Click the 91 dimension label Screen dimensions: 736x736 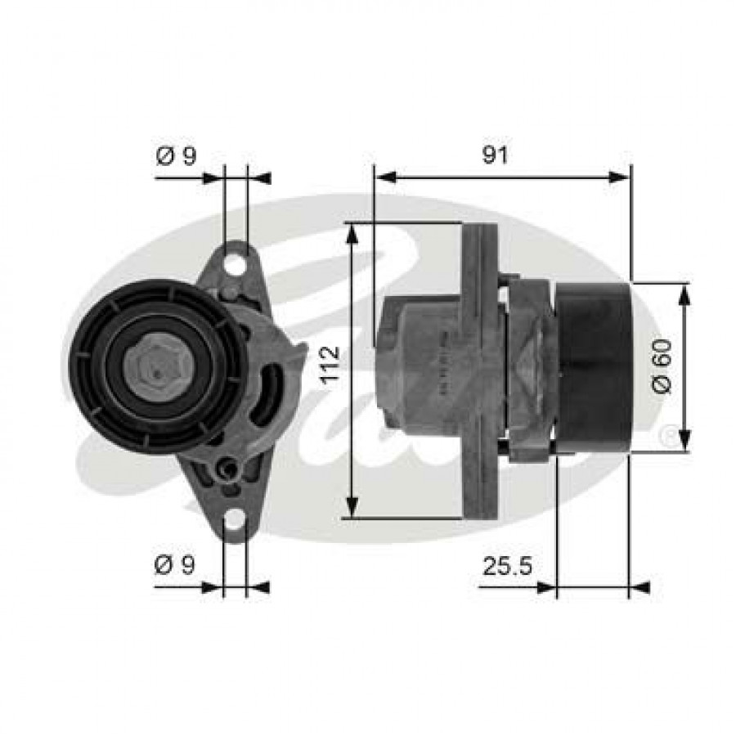point(495,155)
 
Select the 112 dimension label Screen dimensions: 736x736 point(330,366)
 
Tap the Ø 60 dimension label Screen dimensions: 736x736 point(662,367)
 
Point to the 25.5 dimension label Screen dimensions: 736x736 point(507,566)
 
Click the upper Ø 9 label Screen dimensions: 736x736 point(176,155)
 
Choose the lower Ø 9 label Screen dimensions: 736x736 point(175,565)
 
